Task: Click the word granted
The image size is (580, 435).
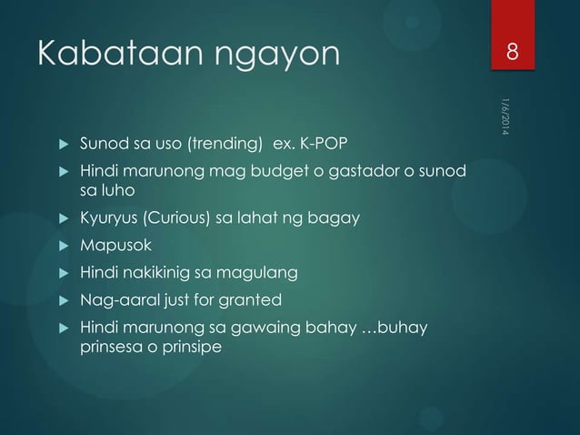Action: (x=255, y=300)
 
